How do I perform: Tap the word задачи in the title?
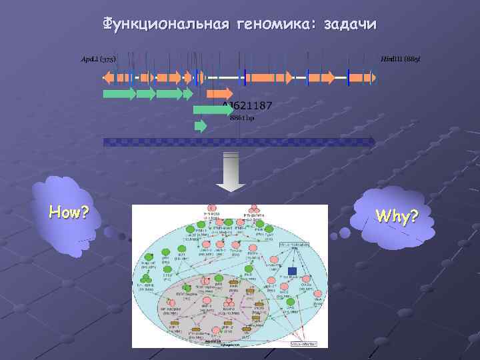(x=349, y=25)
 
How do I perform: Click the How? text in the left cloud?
(x=69, y=213)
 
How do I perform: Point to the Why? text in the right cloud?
(x=397, y=217)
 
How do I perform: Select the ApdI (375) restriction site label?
(x=98, y=61)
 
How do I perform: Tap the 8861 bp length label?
(x=241, y=118)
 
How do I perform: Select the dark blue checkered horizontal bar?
(x=238, y=141)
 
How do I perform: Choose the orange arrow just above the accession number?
(x=219, y=93)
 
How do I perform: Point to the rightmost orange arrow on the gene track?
(x=363, y=77)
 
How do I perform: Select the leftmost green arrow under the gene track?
(x=119, y=94)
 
